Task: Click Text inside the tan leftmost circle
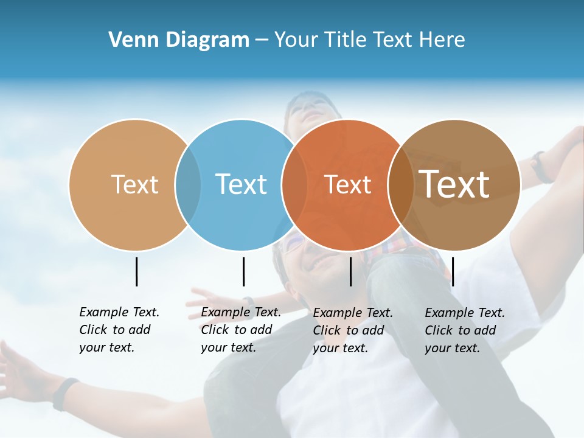coord(134,184)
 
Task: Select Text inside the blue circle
coord(241,184)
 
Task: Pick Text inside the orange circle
coord(347,185)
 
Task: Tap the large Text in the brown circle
coord(454,184)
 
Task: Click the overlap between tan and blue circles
coord(188,185)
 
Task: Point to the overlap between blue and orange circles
coord(294,185)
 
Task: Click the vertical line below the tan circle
coord(137,271)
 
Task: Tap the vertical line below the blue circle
coord(243,271)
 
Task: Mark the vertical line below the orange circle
coord(351,271)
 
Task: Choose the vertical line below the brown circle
coord(453,271)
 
